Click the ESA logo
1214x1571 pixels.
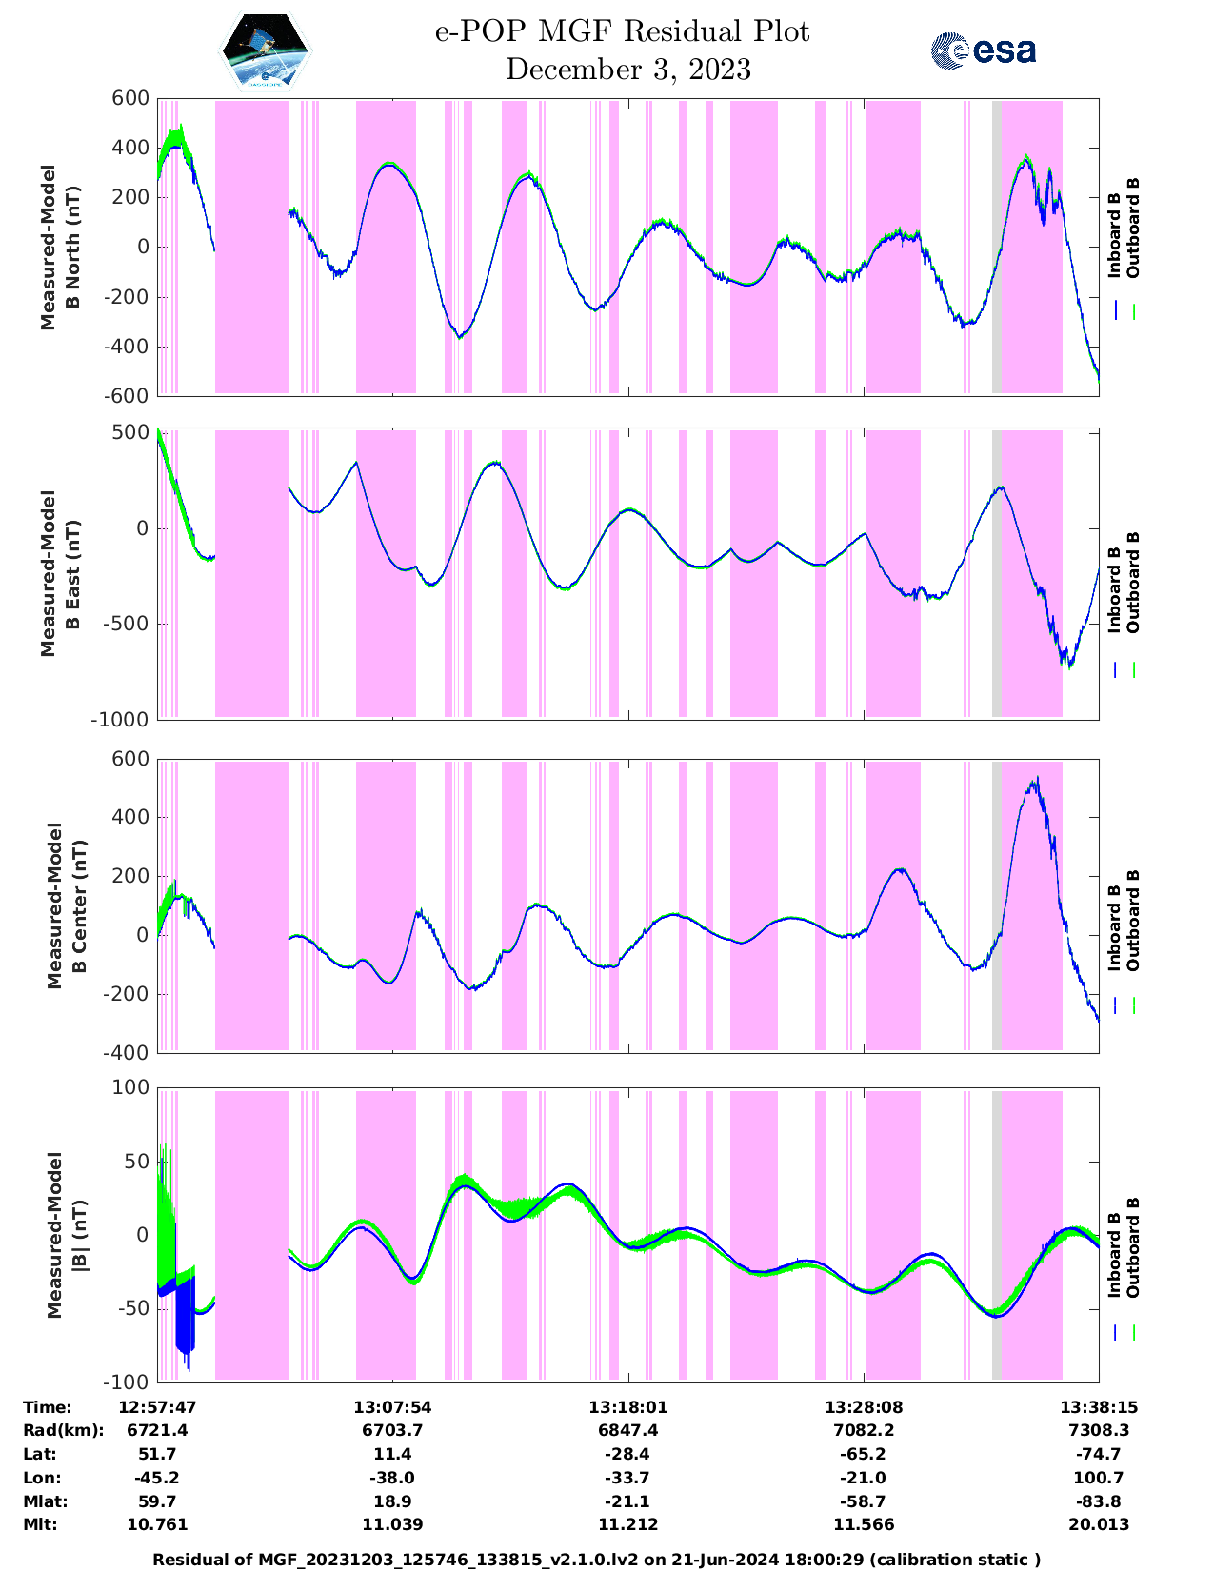pos(984,50)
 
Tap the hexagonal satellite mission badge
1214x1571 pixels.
pos(266,50)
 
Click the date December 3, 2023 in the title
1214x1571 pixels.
pos(627,70)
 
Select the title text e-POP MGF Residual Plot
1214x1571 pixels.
pos(622,31)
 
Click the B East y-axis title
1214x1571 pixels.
pos(58,574)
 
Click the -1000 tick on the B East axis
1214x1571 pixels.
pos(120,720)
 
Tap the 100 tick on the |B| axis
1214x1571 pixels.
pos(131,1087)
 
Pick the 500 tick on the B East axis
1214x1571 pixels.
pos(131,432)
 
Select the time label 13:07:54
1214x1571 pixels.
pos(392,1407)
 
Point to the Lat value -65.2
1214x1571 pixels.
pos(864,1454)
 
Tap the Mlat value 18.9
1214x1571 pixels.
pos(392,1501)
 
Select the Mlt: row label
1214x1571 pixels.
pos(40,1524)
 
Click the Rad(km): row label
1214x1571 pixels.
pos(63,1430)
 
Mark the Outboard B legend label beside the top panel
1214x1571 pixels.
pos(1133,229)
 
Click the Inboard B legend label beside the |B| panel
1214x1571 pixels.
pos(1114,1255)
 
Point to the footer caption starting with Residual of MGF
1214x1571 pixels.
pos(597,1560)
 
